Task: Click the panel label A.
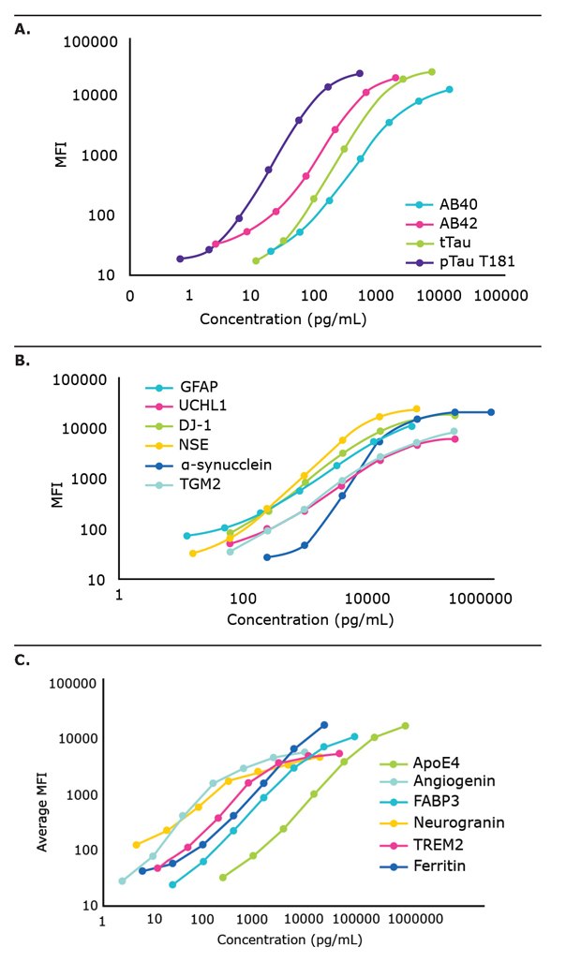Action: coord(21,29)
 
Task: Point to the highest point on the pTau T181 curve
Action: coord(360,73)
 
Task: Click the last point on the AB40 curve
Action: coord(450,89)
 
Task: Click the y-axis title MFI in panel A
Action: coord(61,155)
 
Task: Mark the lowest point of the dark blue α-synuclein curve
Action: coord(267,557)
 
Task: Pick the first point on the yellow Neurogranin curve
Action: coord(137,818)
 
